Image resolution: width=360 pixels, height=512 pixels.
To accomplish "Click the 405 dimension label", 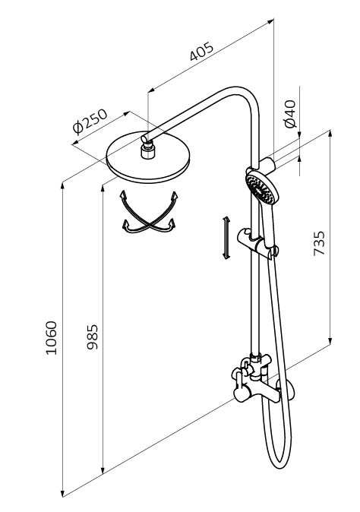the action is [x=202, y=51].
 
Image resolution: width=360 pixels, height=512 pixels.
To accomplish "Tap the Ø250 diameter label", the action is [x=90, y=121].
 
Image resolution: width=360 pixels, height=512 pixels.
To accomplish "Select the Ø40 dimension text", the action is [x=290, y=114].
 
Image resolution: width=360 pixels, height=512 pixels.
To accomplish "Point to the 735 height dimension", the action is [x=319, y=243].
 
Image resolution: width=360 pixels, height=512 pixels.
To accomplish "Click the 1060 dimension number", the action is [x=51, y=337].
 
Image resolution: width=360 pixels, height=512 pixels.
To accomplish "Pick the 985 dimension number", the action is [x=93, y=337].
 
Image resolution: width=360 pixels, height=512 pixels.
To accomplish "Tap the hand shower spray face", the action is [x=261, y=189].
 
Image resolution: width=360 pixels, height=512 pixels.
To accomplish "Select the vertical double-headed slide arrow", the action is [x=226, y=238].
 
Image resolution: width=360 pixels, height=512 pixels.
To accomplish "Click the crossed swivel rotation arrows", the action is [x=149, y=213].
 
